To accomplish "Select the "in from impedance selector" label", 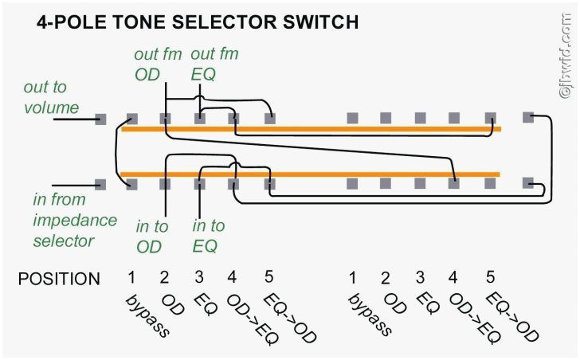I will click(75, 219).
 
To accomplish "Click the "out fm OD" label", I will click(159, 65).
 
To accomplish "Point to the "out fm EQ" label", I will click(214, 65).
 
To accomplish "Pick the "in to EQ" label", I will click(209, 236).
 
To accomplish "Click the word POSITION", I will click(60, 279).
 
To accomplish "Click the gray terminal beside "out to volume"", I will click(100, 119).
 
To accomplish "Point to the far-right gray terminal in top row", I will click(527, 118).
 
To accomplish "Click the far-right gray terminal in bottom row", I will click(527, 182).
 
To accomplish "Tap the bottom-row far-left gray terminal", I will click(100, 184).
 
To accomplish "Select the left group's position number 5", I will click(268, 277).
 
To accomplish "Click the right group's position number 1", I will click(351, 278).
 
